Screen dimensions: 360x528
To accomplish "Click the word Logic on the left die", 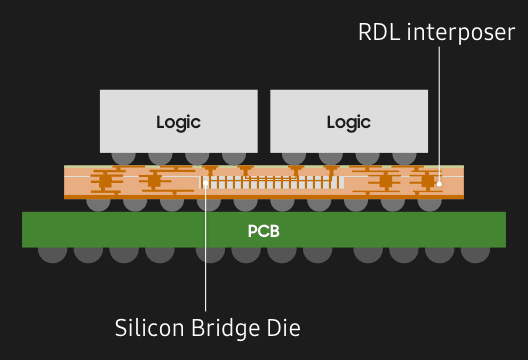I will click(x=178, y=122).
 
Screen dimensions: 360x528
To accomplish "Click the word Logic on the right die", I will click(x=349, y=122).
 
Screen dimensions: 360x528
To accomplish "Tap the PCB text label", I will click(x=263, y=231).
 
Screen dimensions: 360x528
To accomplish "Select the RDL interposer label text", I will click(x=437, y=33).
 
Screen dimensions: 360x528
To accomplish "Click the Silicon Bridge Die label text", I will click(x=207, y=327).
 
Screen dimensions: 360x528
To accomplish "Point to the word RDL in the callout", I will click(x=378, y=33).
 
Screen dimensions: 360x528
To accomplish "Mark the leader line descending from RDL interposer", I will click(x=439, y=110).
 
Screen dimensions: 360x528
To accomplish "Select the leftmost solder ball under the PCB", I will click(x=52, y=251).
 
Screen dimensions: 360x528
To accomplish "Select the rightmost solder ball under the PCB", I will click(x=476, y=251).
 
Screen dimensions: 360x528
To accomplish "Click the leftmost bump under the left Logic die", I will click(x=123, y=157).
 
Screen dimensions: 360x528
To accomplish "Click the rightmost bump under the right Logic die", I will click(x=405, y=157).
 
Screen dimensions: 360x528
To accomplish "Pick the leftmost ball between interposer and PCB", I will click(x=98, y=203).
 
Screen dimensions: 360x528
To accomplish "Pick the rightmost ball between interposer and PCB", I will click(x=430, y=203).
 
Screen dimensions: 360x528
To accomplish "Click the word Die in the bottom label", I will click(x=284, y=327).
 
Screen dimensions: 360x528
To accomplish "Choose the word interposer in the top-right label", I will click(x=460, y=33).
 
